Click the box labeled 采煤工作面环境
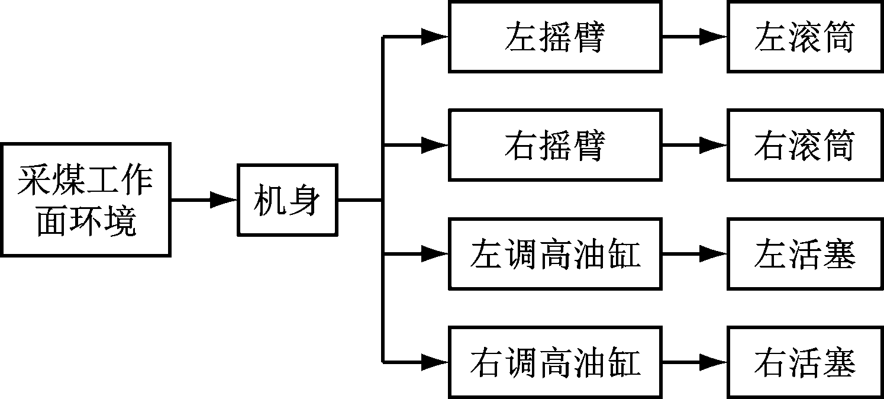coord(85,199)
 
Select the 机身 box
coord(288,200)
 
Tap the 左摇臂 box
coord(554,37)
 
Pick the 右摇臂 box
coord(554,144)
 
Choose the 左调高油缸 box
coord(554,254)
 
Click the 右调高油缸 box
coord(554,361)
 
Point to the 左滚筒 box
coord(804,37)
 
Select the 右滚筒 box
coord(804,144)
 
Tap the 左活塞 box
coord(804,254)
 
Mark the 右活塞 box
coord(804,361)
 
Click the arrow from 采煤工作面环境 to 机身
coord(204,200)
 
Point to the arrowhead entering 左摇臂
coord(435,37)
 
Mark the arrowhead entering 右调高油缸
coord(435,361)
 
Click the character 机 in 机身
coord(270,200)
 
